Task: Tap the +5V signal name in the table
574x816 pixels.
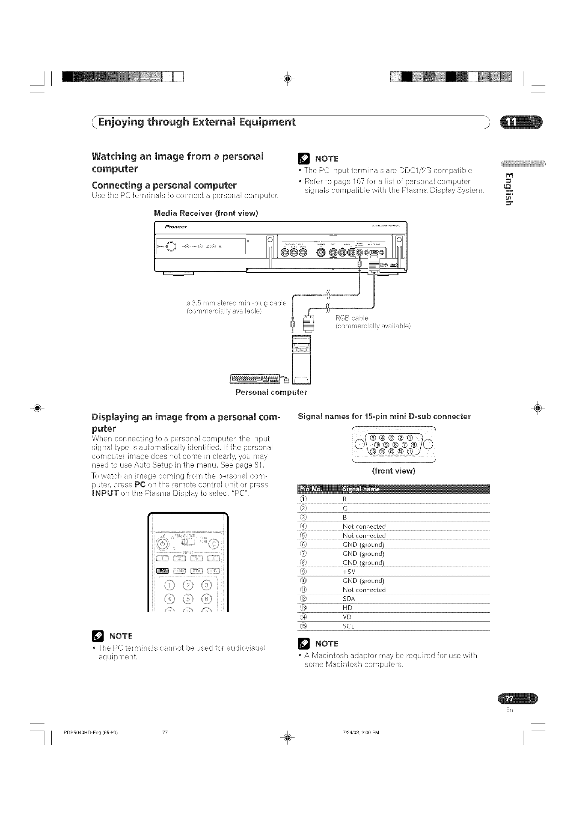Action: (349, 572)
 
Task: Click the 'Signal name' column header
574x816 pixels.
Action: (361, 489)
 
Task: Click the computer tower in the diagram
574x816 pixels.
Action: (301, 360)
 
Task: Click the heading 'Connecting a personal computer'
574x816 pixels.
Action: (164, 185)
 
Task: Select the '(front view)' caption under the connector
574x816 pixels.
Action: (393, 471)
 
